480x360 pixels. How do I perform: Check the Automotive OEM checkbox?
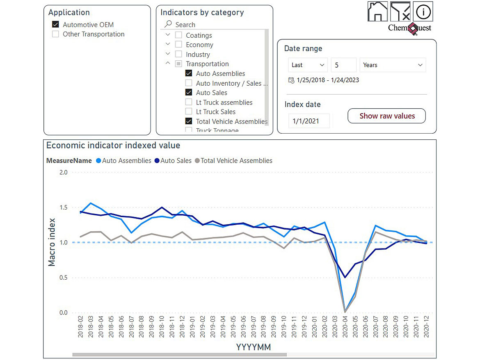[x=56, y=25]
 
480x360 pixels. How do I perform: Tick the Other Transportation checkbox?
[x=56, y=34]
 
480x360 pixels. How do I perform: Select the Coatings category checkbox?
[x=178, y=36]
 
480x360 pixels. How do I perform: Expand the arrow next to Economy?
[x=168, y=45]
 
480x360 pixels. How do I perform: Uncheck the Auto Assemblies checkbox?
[x=189, y=74]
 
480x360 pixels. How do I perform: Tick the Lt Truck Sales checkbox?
[x=189, y=112]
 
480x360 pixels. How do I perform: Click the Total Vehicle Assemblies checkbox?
[x=189, y=121]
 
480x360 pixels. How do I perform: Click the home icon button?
[x=378, y=11]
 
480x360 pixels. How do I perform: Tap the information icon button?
[x=423, y=11]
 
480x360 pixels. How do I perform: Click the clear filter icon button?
[x=400, y=11]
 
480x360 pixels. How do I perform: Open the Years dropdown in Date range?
[x=393, y=65]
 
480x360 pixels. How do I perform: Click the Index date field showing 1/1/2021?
[x=309, y=121]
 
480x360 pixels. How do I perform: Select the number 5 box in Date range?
[x=343, y=65]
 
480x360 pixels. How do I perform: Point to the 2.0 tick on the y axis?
[x=63, y=172]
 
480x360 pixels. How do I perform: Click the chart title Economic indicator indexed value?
[x=113, y=146]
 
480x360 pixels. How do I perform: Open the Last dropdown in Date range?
[x=308, y=65]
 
